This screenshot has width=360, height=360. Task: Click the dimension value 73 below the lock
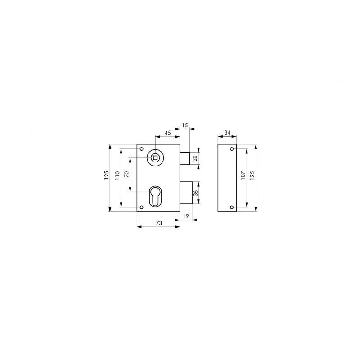pyautogui.click(x=158, y=223)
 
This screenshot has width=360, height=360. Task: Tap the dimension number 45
pyautogui.click(x=167, y=133)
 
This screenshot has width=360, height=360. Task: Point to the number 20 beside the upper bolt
pyautogui.click(x=195, y=158)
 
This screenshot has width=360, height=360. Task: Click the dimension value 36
pyautogui.click(x=195, y=193)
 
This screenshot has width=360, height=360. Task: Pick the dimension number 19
pyautogui.click(x=186, y=217)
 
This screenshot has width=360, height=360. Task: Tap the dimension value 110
pyautogui.click(x=117, y=176)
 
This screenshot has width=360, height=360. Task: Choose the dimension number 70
pyautogui.click(x=127, y=175)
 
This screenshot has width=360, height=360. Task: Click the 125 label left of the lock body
pyautogui.click(x=107, y=176)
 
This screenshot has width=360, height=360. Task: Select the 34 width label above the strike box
pyautogui.click(x=227, y=133)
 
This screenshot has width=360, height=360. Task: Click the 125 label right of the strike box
pyautogui.click(x=252, y=176)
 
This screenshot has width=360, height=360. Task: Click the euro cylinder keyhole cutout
pyautogui.click(x=155, y=195)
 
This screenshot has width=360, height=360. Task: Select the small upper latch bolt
pyautogui.click(x=184, y=158)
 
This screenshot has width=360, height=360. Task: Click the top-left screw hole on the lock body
pyautogui.click(x=142, y=149)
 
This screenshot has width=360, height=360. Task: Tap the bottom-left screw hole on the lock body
pyautogui.click(x=142, y=207)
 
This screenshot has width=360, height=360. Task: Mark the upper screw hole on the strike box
pyautogui.click(x=232, y=149)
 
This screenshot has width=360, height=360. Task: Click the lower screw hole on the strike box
pyautogui.click(x=232, y=207)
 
